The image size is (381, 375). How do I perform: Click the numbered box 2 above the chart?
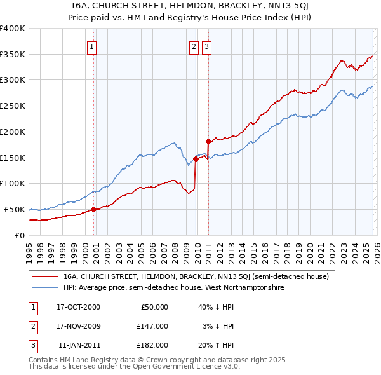(194, 46)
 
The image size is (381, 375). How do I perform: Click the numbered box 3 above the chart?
(207, 46)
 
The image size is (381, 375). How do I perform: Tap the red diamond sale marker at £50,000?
(93, 208)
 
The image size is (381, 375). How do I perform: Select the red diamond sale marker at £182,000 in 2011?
(208, 140)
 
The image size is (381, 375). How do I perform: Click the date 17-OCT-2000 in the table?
(78, 307)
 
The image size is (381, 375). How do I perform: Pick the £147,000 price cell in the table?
(152, 326)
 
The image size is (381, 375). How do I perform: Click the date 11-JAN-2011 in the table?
(78, 345)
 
